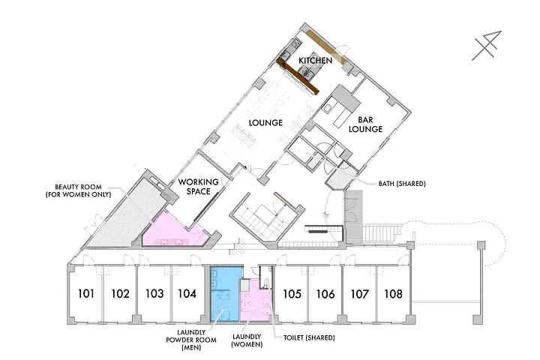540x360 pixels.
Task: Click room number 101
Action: [85, 293]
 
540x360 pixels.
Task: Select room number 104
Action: [187, 293]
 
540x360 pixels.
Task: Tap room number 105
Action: [292, 294]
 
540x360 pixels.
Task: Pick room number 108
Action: [393, 294]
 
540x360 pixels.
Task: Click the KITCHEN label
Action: [316, 61]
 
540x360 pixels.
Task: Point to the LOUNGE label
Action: [265, 123]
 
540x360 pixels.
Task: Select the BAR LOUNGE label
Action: [365, 124]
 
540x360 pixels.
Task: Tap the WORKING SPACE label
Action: [198, 186]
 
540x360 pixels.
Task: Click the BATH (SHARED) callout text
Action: [402, 184]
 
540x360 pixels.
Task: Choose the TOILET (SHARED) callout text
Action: [309, 337]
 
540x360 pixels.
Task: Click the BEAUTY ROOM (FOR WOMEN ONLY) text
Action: [79, 190]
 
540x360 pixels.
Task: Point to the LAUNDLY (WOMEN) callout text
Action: [247, 340]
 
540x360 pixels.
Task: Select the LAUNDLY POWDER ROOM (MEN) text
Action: [191, 340]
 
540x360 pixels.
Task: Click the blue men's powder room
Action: [224, 294]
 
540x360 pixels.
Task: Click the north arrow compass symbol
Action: [487, 46]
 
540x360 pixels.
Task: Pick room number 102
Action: [120, 293]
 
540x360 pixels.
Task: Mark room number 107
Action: [359, 294]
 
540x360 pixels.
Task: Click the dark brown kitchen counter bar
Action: [298, 76]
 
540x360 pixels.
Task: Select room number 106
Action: [325, 294]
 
